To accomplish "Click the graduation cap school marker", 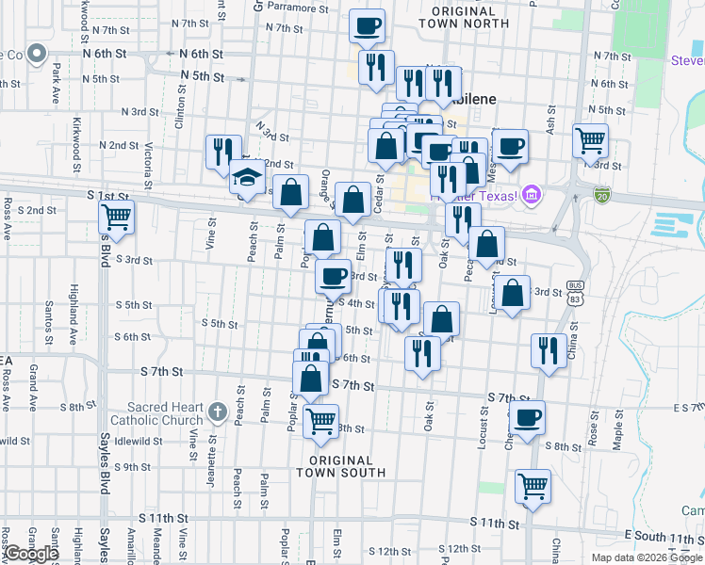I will pyautogui.click(x=246, y=177).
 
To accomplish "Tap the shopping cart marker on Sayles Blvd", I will pyautogui.click(x=117, y=216).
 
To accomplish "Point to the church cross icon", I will pyautogui.click(x=218, y=412).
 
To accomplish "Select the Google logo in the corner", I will pyautogui.click(x=31, y=554).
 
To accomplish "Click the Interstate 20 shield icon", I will pyautogui.click(x=602, y=195).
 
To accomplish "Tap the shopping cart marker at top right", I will pyautogui.click(x=590, y=141).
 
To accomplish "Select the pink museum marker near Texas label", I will pyautogui.click(x=531, y=196).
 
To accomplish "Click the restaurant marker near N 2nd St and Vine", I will pyautogui.click(x=223, y=151).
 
